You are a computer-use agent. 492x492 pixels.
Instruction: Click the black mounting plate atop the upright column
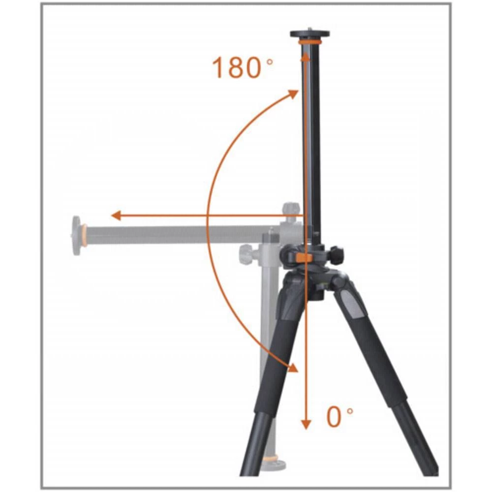click(309, 34)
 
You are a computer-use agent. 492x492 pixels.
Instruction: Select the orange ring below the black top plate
click(309, 43)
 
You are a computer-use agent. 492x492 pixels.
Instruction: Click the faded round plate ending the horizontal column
click(77, 235)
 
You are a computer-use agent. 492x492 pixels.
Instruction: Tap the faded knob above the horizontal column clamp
click(291, 208)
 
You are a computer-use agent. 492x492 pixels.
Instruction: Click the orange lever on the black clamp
click(305, 257)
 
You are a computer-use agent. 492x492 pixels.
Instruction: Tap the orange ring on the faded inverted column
click(270, 459)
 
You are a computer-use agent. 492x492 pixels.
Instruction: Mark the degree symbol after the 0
click(350, 410)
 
